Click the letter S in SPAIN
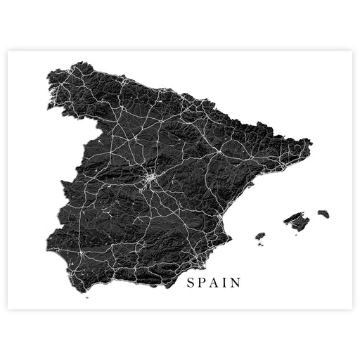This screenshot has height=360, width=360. click(x=189, y=283)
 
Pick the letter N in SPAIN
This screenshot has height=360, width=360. click(x=236, y=283)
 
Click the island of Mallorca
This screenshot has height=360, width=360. click(x=297, y=221)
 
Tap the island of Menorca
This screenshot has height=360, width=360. click(x=323, y=213)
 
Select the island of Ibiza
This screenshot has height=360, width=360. click(x=261, y=236)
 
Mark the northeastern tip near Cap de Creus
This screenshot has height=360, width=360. click(x=310, y=143)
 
